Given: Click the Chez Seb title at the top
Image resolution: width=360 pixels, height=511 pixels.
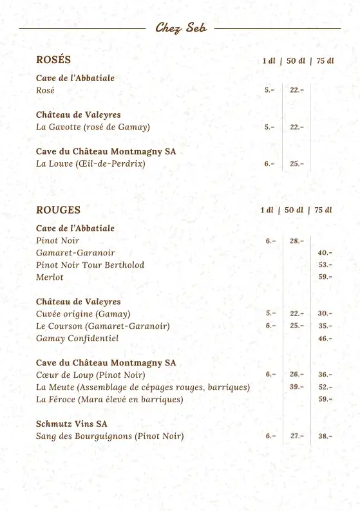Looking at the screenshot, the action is point(180,28).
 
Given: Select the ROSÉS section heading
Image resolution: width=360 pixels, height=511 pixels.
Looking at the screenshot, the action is point(53,60).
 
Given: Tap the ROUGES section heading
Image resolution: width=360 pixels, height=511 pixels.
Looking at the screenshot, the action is point(58,210).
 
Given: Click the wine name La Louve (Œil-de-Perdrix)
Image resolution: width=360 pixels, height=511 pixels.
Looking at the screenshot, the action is point(91,163).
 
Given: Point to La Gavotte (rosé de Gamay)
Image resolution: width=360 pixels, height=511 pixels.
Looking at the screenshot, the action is point(93,127).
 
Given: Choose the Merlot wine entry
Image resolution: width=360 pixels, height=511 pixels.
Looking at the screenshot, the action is point(50,277).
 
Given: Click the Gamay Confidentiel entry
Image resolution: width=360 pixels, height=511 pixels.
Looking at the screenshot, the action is point(77,338).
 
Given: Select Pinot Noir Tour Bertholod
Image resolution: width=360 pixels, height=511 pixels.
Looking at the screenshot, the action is point(90,265).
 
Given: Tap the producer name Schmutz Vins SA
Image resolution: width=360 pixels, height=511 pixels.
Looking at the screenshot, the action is point(71,423).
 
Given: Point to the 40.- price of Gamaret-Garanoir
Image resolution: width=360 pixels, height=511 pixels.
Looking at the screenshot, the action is point(325,253).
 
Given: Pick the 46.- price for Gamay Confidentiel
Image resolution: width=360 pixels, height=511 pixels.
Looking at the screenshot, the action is point(325,338).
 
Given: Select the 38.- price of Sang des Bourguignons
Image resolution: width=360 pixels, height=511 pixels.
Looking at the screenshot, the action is point(325,436).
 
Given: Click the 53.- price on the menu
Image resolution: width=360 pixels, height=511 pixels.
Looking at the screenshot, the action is point(325,265).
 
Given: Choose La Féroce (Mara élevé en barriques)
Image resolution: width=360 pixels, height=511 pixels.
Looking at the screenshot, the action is point(109,399).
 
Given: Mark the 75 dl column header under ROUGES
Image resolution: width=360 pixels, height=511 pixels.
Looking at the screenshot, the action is point(323,210).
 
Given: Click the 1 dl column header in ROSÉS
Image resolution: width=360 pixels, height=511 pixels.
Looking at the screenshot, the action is point(269,61).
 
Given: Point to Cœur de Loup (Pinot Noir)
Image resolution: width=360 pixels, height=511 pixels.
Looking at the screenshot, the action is point(91,375).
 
